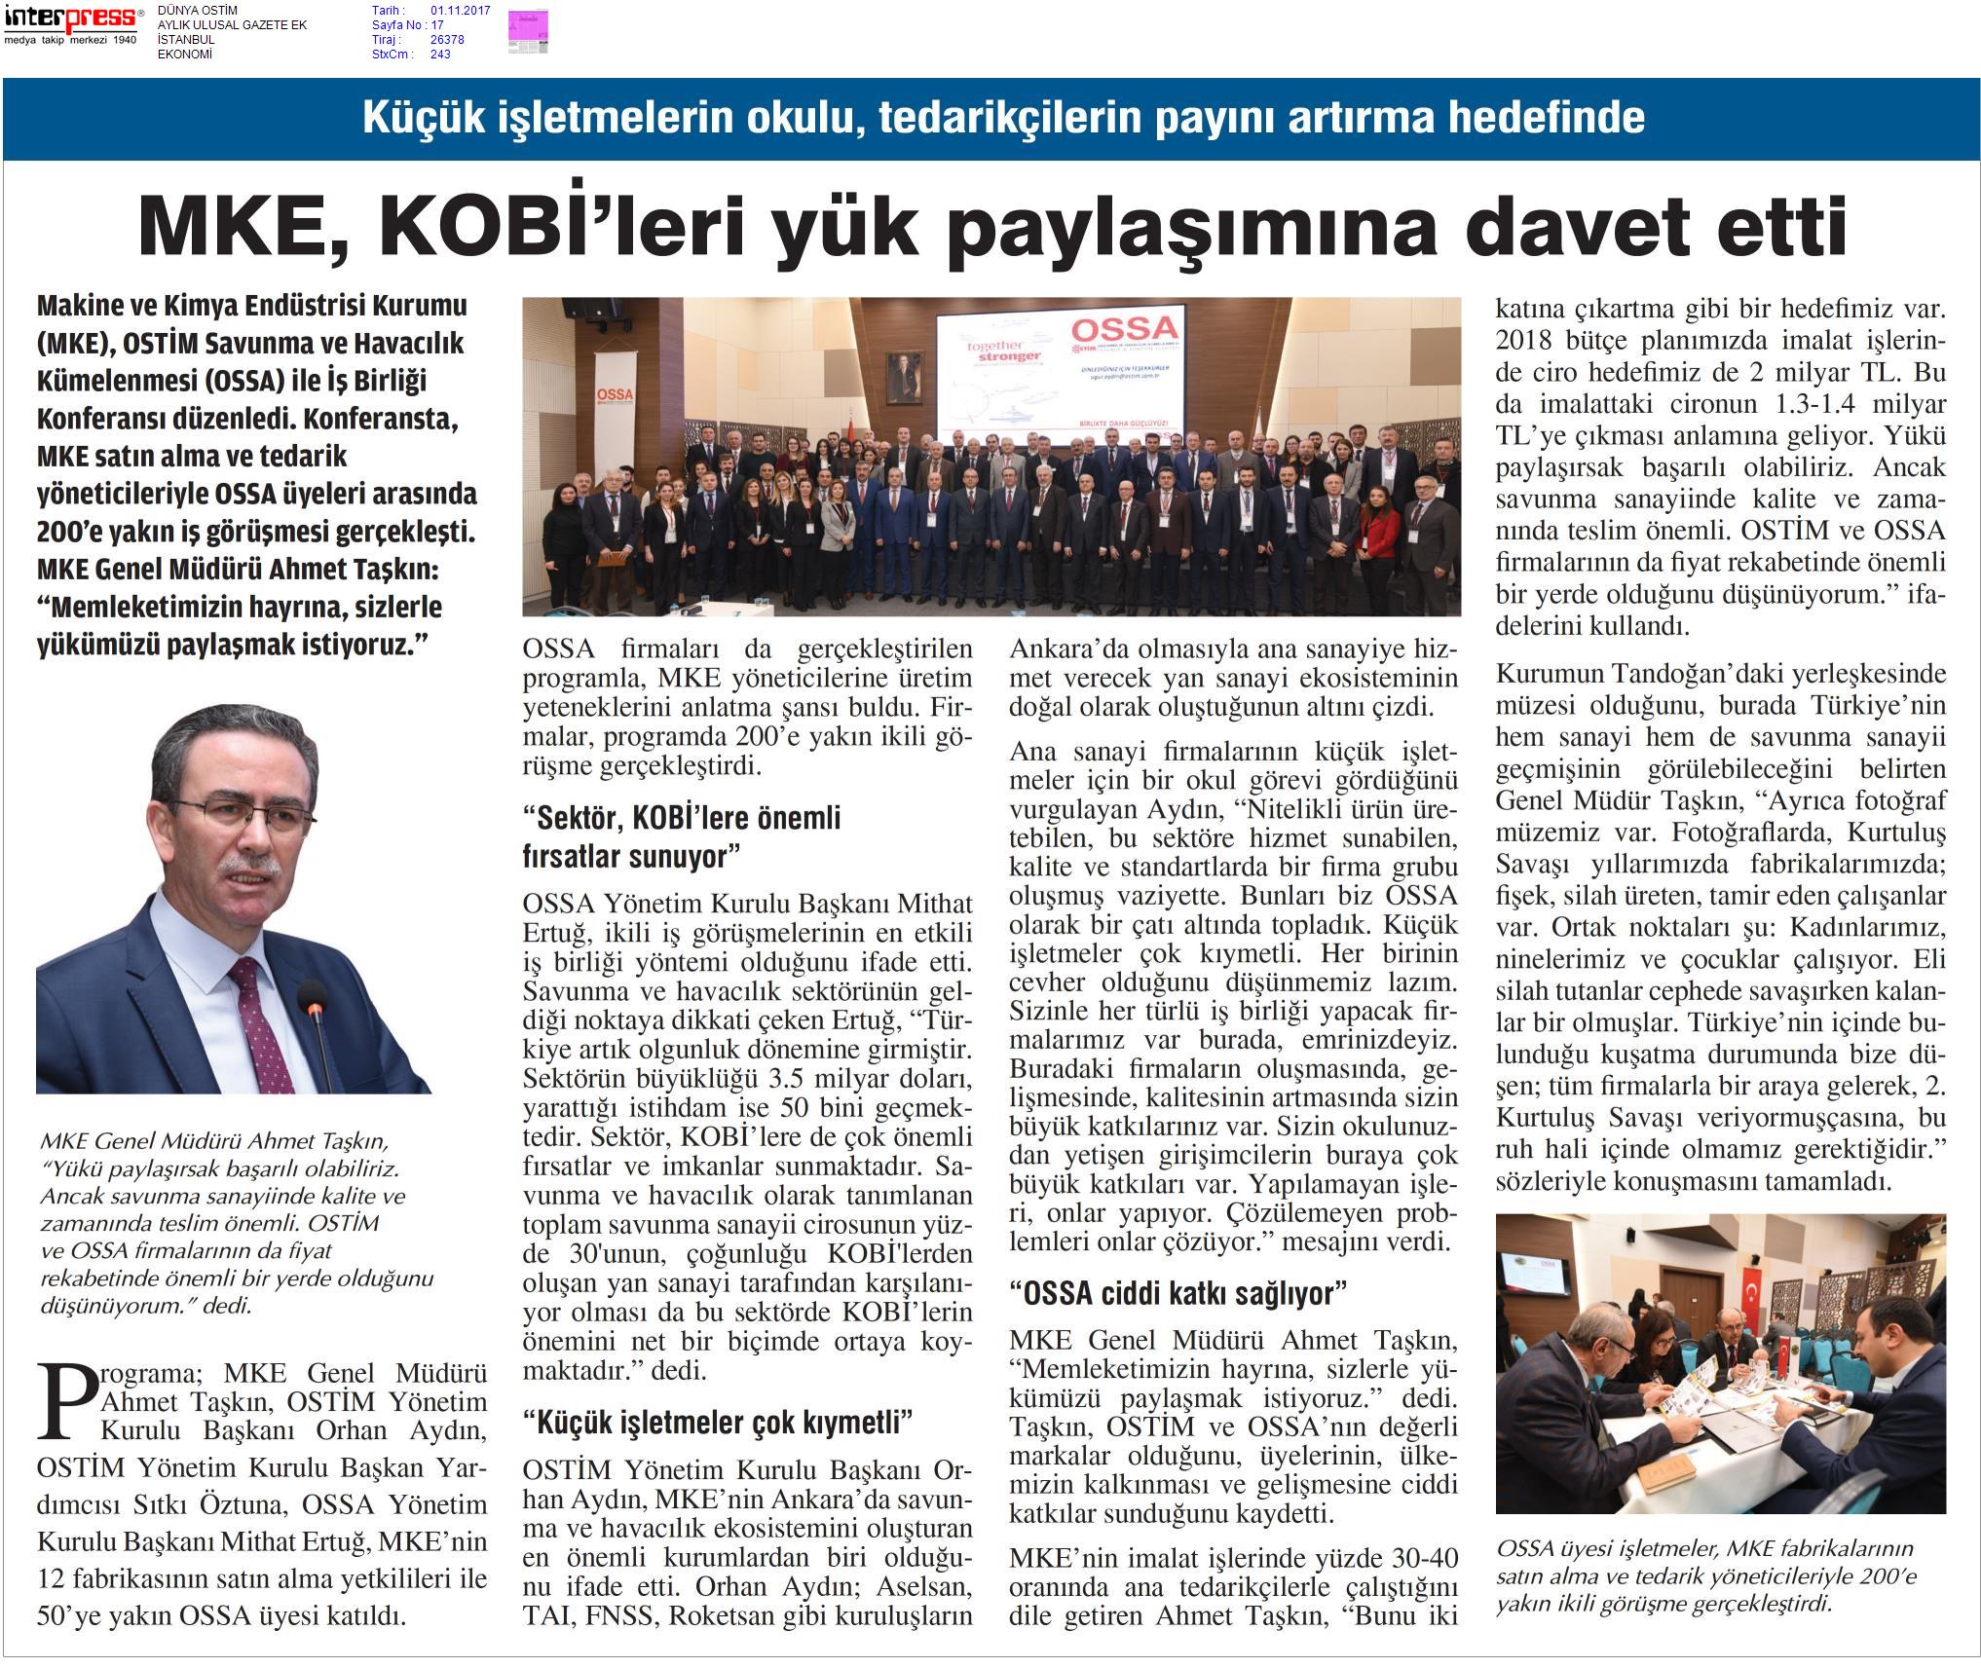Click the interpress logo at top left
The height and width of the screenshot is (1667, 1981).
71,18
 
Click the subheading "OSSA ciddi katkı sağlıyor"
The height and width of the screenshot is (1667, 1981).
1178,1294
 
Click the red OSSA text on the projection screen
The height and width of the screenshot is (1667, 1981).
1122,327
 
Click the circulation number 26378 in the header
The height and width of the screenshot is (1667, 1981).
447,40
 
